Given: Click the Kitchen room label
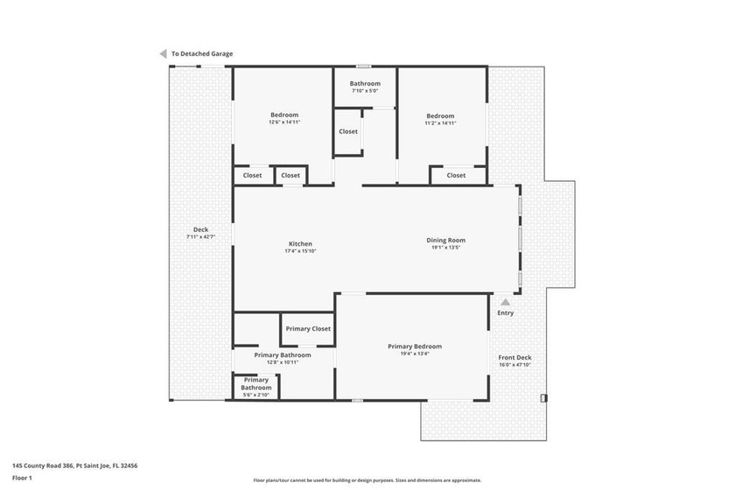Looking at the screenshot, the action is point(300,244).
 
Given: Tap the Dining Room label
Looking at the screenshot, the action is point(445,240).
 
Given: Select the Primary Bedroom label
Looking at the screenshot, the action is point(415,346).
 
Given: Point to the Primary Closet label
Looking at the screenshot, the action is point(308,329).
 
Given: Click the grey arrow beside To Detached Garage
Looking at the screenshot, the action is point(163,54).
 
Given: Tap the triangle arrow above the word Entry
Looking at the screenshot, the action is point(506,302).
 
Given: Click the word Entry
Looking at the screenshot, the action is point(506,312).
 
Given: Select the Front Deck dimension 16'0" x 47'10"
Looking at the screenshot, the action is point(514,365).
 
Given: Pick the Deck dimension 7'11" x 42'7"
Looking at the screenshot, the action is point(200,237).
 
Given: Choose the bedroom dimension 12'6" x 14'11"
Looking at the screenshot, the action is point(284,122).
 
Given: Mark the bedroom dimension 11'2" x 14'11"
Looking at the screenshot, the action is point(440,122).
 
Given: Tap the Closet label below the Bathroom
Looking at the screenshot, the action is point(348,132).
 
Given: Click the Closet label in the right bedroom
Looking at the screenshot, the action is point(456,175).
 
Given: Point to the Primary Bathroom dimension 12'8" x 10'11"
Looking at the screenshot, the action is point(283,362).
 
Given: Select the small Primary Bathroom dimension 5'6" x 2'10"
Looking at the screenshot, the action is point(255,395).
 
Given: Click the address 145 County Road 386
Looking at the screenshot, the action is point(43,465).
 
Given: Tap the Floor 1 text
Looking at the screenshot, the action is point(22,478).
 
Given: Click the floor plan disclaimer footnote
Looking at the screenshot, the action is point(367,480).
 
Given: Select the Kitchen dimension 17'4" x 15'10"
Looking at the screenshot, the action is point(300,251).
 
